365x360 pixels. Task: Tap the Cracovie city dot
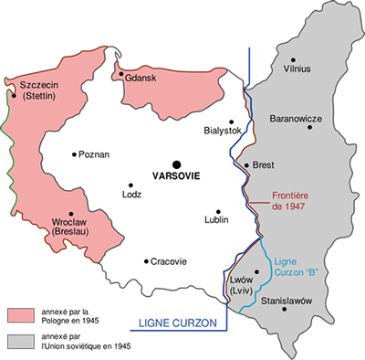[x=146, y=261]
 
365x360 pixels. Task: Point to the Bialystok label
[x=223, y=131]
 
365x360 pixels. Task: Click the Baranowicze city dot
[x=311, y=128]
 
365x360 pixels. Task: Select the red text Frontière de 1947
[x=295, y=200]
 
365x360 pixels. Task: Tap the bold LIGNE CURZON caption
[x=180, y=323]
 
